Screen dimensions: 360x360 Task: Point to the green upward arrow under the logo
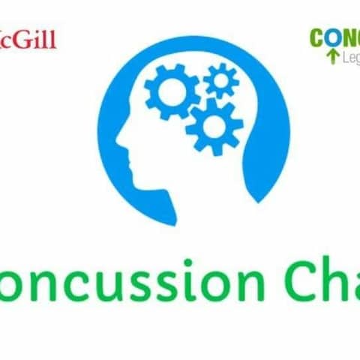coord(330,56)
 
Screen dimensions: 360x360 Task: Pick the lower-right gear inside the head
coord(213,126)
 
